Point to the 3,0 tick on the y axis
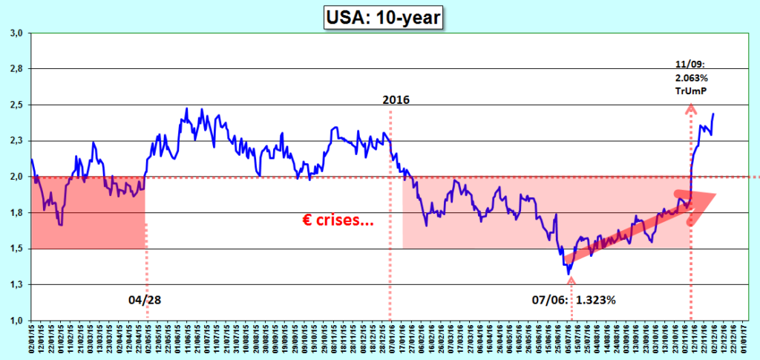click(x=16, y=33)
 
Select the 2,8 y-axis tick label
click(x=16, y=69)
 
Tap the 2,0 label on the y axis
click(x=16, y=177)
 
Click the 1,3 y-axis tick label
click(x=16, y=284)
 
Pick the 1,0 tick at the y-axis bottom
click(x=16, y=321)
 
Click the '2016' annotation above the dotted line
click(x=396, y=99)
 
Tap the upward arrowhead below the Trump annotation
click(x=691, y=109)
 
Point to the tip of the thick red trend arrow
click(x=716, y=194)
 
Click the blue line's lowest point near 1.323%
click(x=569, y=274)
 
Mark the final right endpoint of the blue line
click(x=713, y=114)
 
